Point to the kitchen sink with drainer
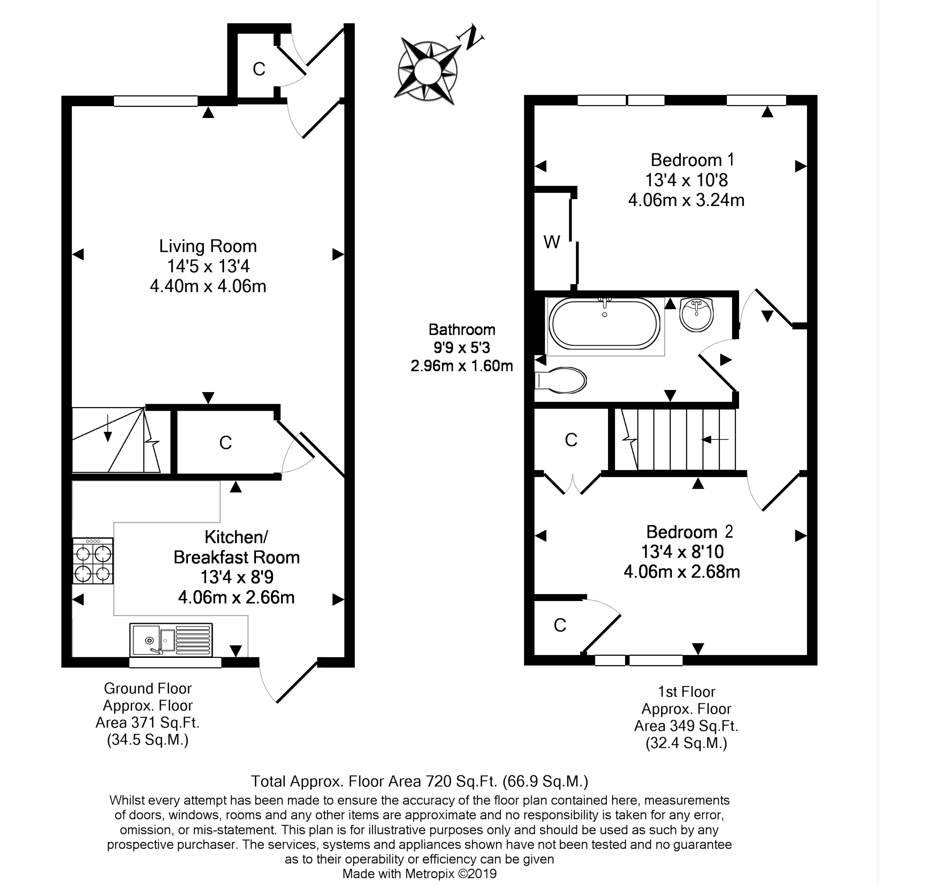pyautogui.click(x=171, y=639)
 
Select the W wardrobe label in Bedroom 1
pyautogui.click(x=551, y=242)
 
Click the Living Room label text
pyautogui.click(x=208, y=246)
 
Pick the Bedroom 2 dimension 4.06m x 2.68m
pyautogui.click(x=682, y=572)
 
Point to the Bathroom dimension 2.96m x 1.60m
pyautogui.click(x=462, y=366)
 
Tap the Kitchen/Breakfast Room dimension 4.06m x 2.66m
pyautogui.click(x=236, y=597)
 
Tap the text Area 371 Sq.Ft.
pyautogui.click(x=147, y=723)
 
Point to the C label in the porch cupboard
pyautogui.click(x=259, y=69)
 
